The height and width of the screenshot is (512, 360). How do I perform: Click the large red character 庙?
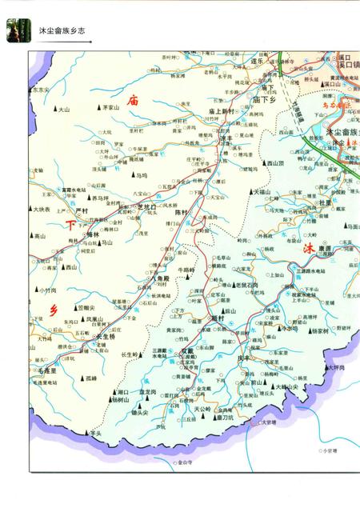(133, 99)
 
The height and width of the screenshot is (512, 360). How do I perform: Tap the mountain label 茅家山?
(110, 106)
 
